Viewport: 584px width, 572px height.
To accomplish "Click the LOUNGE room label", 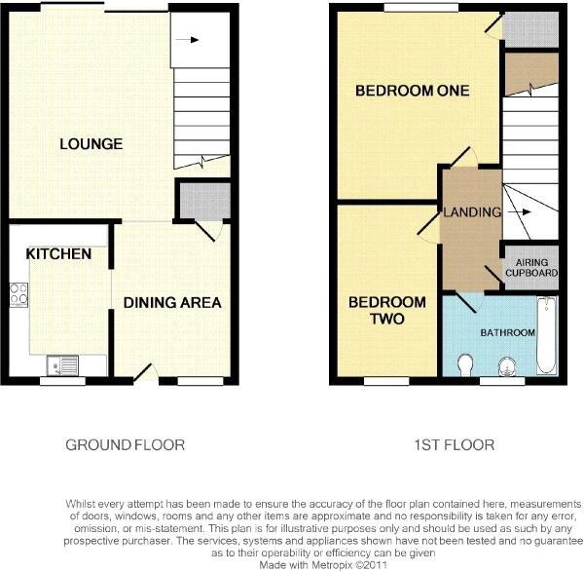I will click(x=91, y=144).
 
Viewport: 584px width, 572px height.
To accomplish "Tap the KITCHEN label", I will click(x=58, y=253).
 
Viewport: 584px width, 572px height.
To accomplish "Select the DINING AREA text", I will click(x=172, y=302).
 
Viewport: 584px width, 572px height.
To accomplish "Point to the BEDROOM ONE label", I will click(x=412, y=91).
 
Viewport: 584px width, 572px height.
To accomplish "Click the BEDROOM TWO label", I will click(x=387, y=310).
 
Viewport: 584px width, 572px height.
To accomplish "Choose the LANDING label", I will click(x=471, y=212).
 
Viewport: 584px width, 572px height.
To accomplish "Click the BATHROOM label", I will click(x=507, y=333).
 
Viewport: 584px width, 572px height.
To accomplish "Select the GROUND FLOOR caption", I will click(x=125, y=445).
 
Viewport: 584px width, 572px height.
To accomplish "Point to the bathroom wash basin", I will click(x=506, y=365).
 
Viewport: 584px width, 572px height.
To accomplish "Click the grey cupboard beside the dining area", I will click(x=202, y=199).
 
